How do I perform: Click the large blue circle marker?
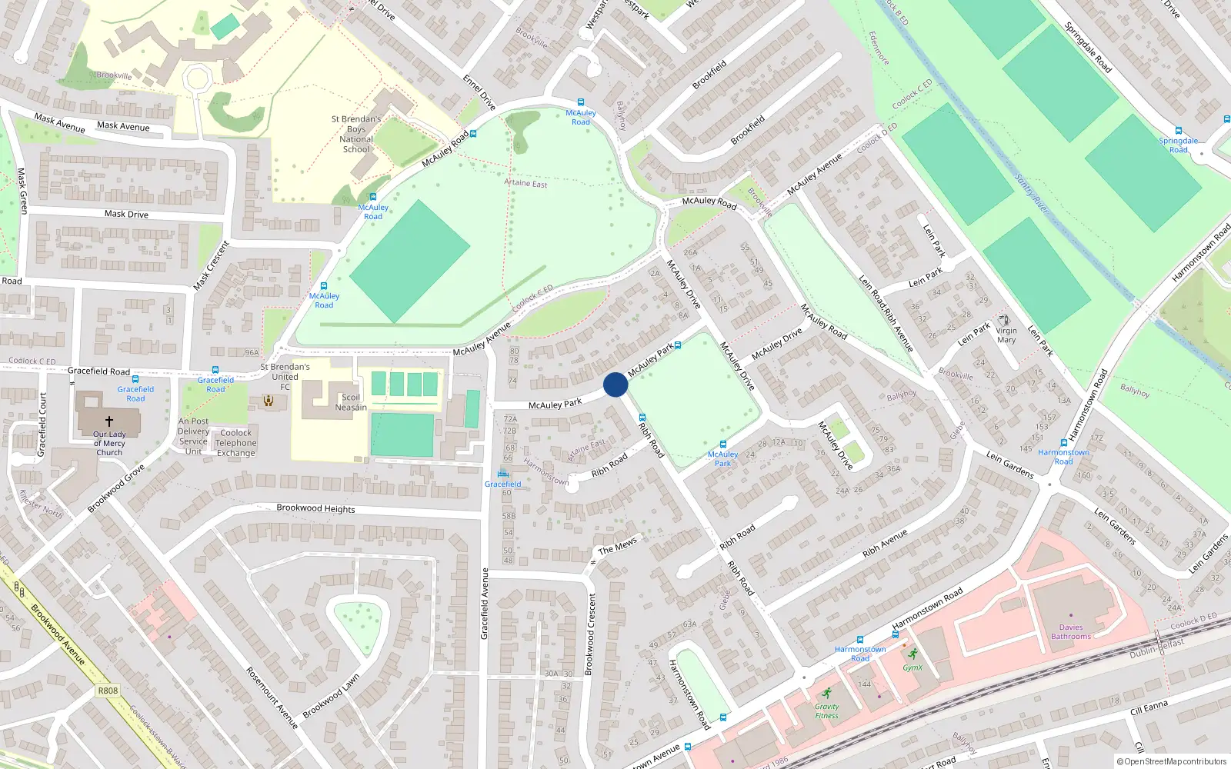click(615, 384)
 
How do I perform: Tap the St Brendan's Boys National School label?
click(356, 135)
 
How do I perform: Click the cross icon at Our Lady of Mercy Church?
click(108, 421)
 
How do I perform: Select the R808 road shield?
click(108, 691)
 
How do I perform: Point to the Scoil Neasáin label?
click(351, 402)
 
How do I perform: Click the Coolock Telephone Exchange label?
click(236, 443)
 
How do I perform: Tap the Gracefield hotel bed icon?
click(502, 473)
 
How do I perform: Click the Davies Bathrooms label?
click(1071, 631)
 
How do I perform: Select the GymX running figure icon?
click(912, 654)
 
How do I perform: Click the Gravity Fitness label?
click(827, 711)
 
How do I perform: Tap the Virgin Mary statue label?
click(1006, 335)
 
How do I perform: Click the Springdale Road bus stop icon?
click(1178, 131)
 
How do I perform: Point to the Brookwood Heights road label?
click(315, 508)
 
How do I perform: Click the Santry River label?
click(1031, 195)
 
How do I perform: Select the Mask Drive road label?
click(126, 214)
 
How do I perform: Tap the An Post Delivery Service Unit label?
click(193, 436)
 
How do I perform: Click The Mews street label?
click(617, 546)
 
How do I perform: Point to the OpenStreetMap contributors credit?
click(1171, 761)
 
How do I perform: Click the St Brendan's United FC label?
click(285, 377)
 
